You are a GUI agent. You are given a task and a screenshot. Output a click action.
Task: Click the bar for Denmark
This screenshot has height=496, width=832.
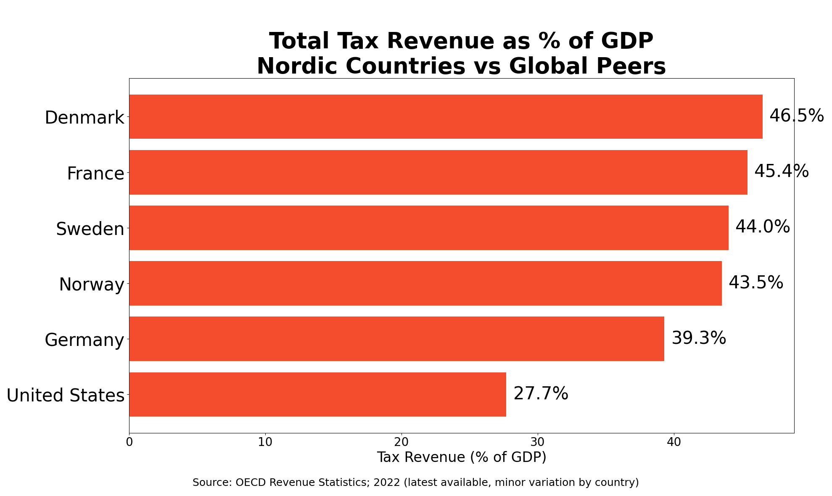click(x=446, y=116)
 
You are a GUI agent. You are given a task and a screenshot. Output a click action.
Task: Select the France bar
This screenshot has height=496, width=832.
click(x=438, y=172)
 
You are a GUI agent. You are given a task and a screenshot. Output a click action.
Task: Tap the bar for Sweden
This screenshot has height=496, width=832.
click(x=429, y=228)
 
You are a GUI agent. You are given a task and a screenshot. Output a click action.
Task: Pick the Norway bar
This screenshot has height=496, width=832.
click(x=425, y=283)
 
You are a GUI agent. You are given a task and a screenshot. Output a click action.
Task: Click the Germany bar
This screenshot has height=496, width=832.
click(x=396, y=339)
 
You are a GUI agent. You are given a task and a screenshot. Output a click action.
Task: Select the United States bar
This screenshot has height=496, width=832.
click(x=317, y=394)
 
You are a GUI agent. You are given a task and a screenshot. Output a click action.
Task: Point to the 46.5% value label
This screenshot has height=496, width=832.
click(x=796, y=116)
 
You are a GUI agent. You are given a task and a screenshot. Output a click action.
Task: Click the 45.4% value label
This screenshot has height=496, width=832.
click(x=781, y=171)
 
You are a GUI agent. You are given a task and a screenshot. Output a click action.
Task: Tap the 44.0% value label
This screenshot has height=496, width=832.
click(x=762, y=227)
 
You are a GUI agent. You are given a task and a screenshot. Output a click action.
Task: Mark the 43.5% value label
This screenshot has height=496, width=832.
click(x=755, y=283)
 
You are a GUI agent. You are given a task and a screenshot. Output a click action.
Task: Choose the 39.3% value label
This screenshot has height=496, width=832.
click(x=698, y=338)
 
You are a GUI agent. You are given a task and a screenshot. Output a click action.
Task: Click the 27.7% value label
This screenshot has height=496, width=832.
click(x=541, y=394)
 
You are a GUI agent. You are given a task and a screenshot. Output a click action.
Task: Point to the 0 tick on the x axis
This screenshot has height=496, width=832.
click(x=129, y=443)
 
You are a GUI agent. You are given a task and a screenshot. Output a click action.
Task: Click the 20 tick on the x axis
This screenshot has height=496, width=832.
click(x=401, y=443)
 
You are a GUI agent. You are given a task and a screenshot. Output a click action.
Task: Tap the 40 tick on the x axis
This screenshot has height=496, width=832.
click(x=674, y=443)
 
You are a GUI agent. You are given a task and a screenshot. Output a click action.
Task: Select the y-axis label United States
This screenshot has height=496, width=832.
click(x=66, y=396)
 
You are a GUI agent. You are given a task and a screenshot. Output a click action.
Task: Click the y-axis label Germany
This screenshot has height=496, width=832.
click(x=85, y=340)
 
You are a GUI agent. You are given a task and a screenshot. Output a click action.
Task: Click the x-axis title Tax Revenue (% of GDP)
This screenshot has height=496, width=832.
click(x=461, y=457)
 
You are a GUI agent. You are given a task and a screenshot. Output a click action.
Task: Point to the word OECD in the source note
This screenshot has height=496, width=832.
click(x=248, y=483)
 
